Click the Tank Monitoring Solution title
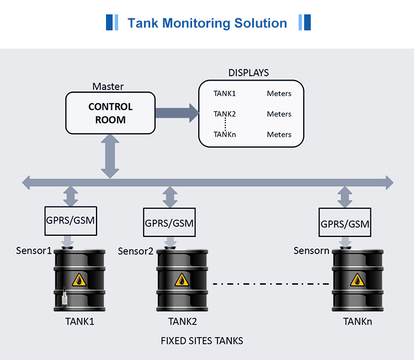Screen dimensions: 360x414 207,23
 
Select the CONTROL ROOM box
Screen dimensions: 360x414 110,113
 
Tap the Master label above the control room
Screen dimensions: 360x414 108,87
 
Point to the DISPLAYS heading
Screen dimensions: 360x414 248,73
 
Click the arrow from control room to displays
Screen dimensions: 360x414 177,113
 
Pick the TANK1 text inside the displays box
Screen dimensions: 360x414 225,94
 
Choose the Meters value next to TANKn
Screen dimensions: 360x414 279,135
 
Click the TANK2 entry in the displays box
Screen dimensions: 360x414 225,114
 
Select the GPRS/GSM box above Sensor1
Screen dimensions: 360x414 70,221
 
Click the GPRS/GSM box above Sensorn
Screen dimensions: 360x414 345,224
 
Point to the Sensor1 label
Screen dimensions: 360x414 34,251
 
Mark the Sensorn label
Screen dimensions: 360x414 311,251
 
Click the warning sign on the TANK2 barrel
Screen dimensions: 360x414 182,281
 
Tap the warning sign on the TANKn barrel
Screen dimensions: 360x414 356,281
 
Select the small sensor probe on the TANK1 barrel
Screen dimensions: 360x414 65,298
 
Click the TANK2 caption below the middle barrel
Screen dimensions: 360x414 183,321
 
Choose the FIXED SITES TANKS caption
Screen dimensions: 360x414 202,341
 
